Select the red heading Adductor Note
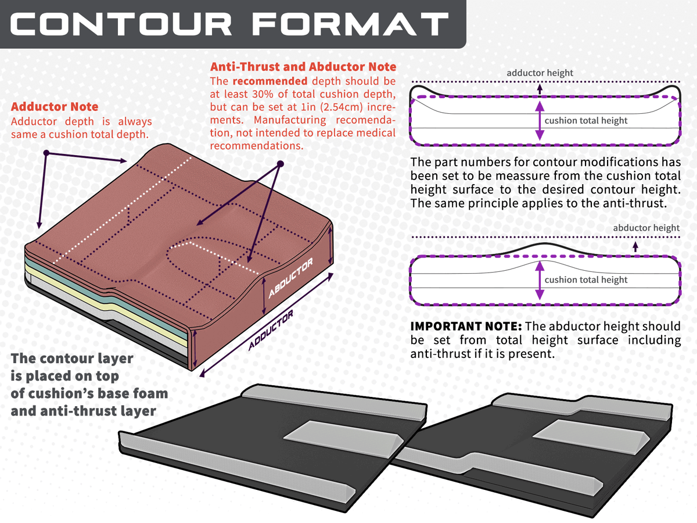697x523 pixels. coord(55,107)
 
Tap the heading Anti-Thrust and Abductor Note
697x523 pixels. coord(303,67)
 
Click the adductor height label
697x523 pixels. coord(540,73)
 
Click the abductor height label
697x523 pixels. coord(646,228)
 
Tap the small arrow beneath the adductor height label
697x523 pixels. coord(540,89)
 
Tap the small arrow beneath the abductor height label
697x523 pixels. coord(635,246)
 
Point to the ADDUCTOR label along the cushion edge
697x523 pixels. coord(271,330)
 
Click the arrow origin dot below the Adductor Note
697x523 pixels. coord(46,153)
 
